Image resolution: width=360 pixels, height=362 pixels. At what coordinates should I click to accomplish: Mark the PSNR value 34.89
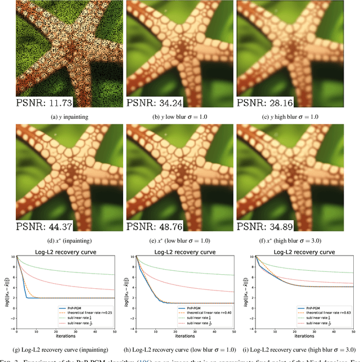click(x=281, y=226)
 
